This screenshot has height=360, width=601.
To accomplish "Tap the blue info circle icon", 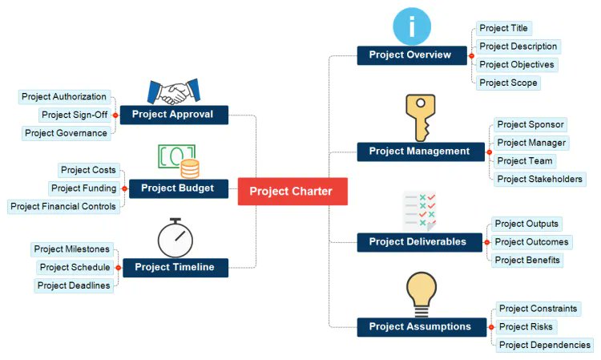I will [412, 26].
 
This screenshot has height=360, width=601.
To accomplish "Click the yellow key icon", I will [419, 117].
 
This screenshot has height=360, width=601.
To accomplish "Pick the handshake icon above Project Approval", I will [172, 91].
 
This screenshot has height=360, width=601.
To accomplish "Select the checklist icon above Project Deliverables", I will [419, 211].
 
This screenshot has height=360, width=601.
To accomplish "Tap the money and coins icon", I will [179, 160].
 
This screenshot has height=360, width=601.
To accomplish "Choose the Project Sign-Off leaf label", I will [75, 115].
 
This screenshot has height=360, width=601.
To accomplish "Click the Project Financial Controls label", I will [63, 206].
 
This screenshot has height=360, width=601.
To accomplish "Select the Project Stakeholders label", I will [539, 179].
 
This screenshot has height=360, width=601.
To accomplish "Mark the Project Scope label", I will [507, 83].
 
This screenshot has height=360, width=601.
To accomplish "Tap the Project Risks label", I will [525, 326].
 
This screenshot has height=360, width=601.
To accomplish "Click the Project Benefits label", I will [526, 260].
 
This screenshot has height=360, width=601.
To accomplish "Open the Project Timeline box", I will [175, 267].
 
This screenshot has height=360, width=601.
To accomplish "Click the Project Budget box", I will [178, 188].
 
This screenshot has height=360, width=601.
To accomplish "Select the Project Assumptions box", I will [421, 326].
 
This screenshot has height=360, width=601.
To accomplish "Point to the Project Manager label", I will [531, 143].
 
